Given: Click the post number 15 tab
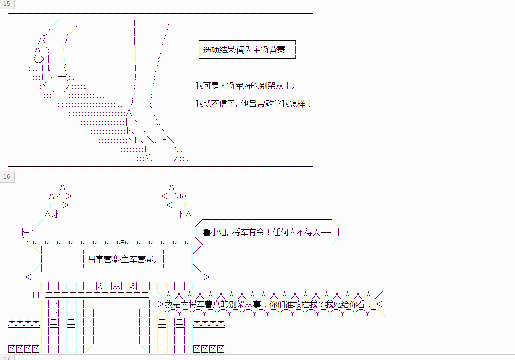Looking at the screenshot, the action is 6,4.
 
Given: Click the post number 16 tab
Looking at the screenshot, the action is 7,177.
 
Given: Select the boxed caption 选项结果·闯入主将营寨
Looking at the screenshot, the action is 247,50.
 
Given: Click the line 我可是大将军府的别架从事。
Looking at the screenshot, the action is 246,86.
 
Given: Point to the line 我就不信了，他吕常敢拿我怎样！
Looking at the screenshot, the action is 253,104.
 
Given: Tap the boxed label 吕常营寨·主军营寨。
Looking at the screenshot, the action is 123,259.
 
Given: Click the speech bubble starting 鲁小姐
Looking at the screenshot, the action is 267,232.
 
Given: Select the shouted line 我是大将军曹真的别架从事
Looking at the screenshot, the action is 268,304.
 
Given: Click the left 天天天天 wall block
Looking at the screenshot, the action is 24,322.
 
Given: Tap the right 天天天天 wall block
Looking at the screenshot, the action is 209,322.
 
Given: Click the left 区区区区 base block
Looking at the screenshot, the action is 24,349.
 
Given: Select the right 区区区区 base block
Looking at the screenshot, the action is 209,349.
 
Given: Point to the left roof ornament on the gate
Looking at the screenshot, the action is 60,197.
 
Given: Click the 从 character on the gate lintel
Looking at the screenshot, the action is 117,286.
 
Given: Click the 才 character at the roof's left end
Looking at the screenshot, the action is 56,214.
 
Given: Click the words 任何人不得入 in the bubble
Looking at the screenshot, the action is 296,232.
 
